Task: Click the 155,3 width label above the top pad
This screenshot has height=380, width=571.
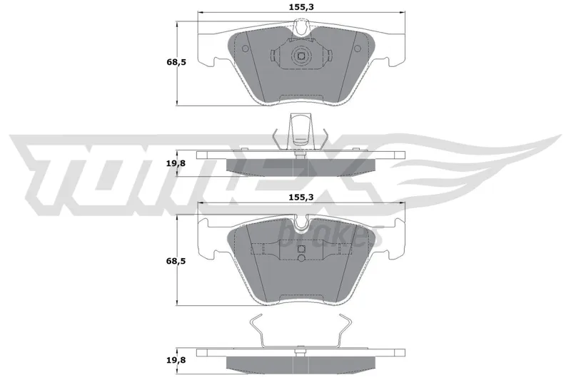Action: pos(301,6)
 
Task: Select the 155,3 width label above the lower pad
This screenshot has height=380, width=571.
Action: pos(301,197)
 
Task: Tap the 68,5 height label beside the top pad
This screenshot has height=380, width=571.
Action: pos(176,62)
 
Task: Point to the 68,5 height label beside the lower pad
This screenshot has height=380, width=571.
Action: pos(176,261)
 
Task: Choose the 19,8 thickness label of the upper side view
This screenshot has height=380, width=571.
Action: pos(176,164)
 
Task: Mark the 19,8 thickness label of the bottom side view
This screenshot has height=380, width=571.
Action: pos(176,360)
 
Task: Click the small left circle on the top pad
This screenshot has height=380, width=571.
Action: pos(245,48)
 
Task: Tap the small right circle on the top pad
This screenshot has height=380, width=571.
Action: pos(358,48)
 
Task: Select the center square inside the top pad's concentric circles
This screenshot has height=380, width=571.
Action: pos(301,56)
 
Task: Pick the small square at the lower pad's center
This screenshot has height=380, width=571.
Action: pos(301,249)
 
